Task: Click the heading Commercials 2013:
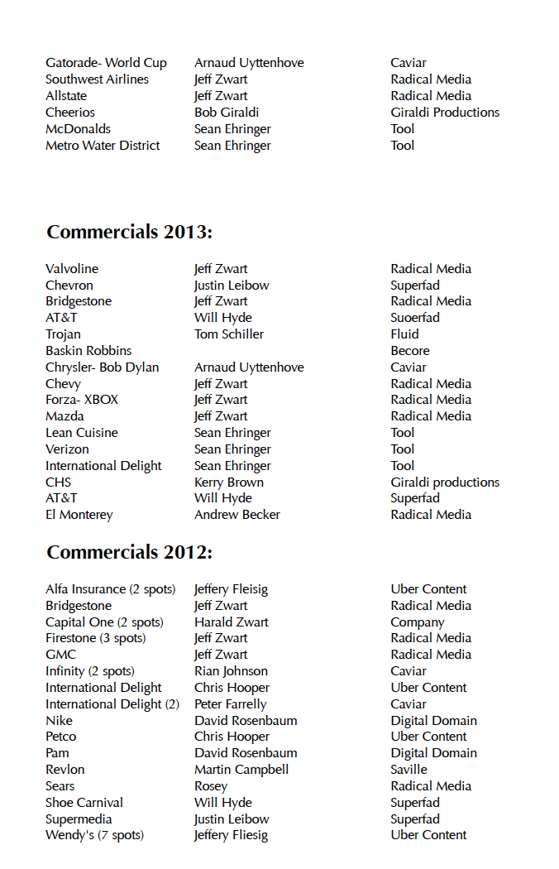click(x=130, y=233)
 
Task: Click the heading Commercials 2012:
click(x=130, y=553)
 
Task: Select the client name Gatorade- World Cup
click(x=106, y=63)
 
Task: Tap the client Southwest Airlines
click(x=97, y=79)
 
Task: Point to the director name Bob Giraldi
click(x=227, y=113)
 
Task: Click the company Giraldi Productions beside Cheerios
click(x=445, y=113)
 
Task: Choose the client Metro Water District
click(x=103, y=146)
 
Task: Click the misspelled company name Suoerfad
click(x=415, y=318)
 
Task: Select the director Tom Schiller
click(x=229, y=334)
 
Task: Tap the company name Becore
click(x=410, y=351)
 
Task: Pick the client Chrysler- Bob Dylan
click(x=102, y=367)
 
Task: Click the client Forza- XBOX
click(x=82, y=400)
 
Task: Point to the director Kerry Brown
click(x=229, y=483)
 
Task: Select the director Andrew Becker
click(x=237, y=515)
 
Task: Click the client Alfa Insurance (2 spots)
click(x=111, y=589)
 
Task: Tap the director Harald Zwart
click(x=232, y=622)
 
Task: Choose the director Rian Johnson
click(x=231, y=671)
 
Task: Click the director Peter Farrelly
click(x=231, y=704)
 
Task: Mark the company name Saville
click(x=409, y=770)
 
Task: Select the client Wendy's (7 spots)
click(x=94, y=835)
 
